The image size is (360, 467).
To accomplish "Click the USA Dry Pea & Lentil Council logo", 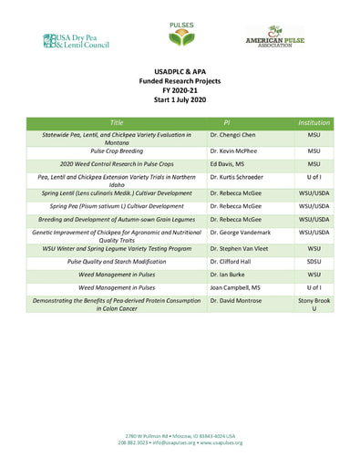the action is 74,39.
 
